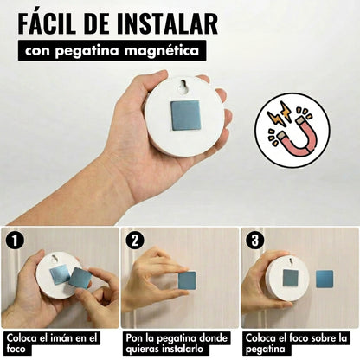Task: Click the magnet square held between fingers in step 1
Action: pos(80,279)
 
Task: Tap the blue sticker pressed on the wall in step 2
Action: pos(187,281)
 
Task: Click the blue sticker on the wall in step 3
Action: pos(325,280)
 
